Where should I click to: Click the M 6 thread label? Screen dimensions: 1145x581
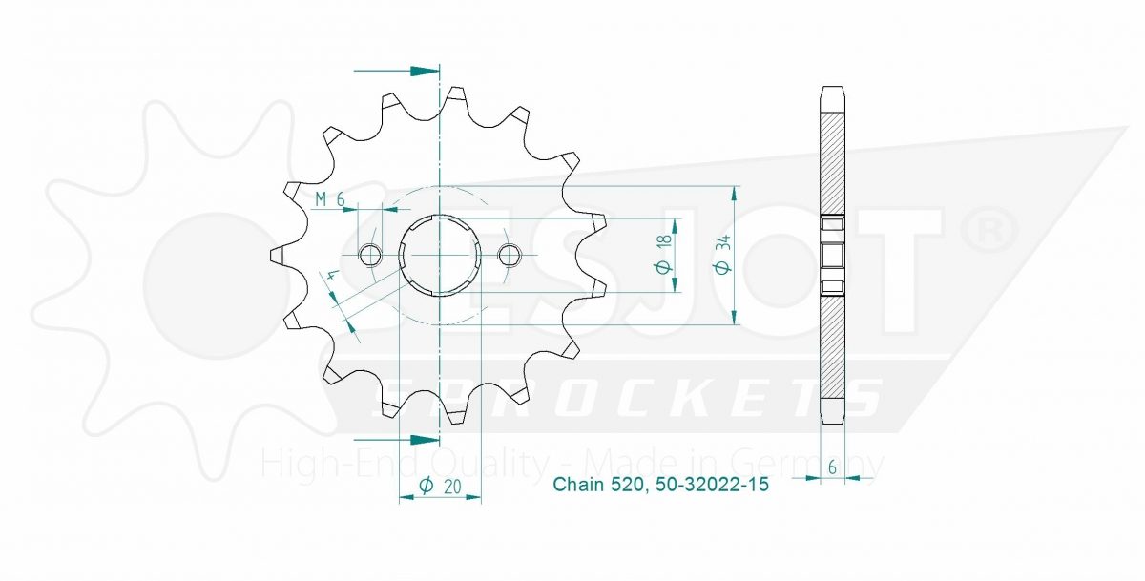pos(330,199)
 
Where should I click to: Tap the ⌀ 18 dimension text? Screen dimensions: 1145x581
pos(664,254)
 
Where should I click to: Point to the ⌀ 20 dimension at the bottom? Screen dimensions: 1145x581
pos(440,486)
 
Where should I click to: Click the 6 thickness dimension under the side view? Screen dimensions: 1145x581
pos(833,467)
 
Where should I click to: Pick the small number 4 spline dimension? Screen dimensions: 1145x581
pos(332,276)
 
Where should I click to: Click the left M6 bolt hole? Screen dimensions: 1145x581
pos(369,255)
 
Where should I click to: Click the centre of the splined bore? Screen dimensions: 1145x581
pos(440,255)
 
